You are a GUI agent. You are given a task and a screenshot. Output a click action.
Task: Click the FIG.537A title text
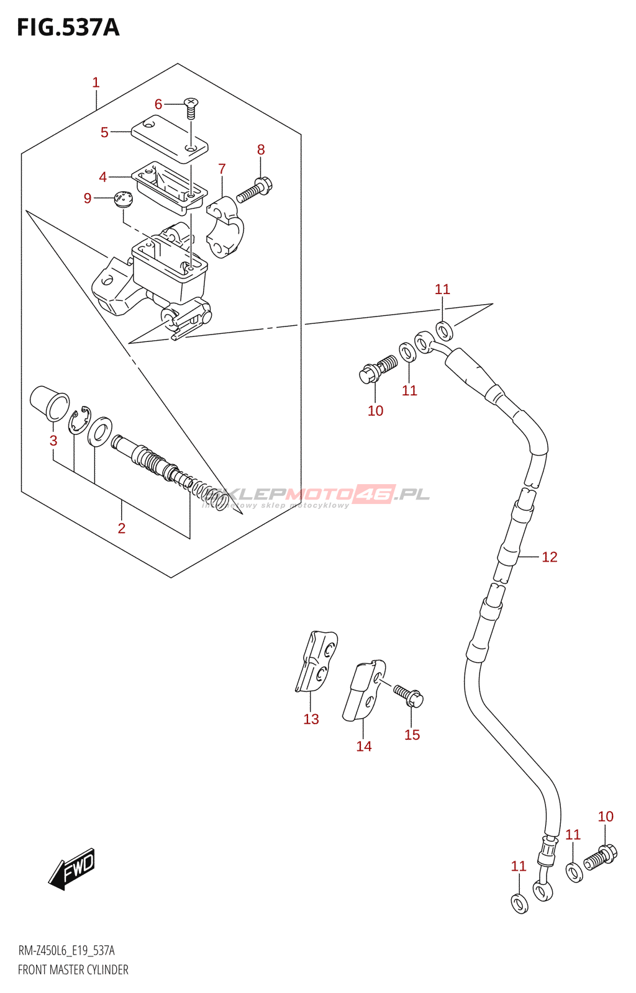click(68, 28)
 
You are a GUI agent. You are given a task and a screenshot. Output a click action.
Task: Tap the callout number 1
click(96, 82)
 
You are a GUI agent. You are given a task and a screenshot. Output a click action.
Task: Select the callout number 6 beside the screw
click(158, 104)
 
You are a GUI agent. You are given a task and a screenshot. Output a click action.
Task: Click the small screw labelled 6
click(191, 109)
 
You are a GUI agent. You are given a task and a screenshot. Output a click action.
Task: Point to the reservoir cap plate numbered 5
click(169, 140)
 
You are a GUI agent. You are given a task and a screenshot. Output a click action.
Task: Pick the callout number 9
click(88, 198)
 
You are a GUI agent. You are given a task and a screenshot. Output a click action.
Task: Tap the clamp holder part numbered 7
click(225, 227)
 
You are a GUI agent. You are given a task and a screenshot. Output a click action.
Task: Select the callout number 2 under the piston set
click(122, 528)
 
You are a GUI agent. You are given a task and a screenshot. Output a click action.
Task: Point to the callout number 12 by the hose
click(550, 557)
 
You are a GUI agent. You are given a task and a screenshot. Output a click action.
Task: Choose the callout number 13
click(311, 719)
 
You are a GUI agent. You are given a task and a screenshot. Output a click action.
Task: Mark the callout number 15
click(412, 735)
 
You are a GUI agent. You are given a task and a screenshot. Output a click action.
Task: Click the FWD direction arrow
click(72, 868)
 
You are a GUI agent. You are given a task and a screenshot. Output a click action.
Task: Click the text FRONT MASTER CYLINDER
click(73, 969)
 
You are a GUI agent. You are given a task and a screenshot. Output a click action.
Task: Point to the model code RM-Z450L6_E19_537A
click(66, 950)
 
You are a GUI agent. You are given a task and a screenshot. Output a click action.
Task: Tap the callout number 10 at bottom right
click(606, 816)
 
